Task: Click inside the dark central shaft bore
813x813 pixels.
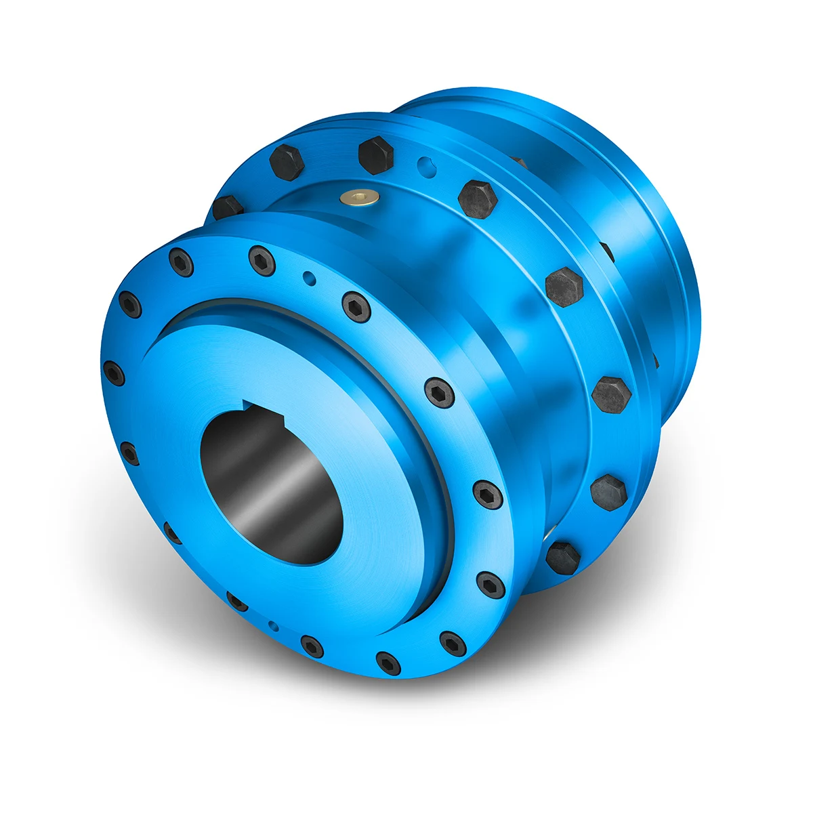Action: (271, 488)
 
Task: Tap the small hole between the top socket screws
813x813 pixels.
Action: (309, 276)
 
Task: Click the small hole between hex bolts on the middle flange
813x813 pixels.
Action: (423, 163)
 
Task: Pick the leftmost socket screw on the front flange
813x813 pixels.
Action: (113, 373)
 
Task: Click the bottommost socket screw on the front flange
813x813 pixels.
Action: (388, 663)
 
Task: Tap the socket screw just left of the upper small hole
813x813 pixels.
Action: (262, 260)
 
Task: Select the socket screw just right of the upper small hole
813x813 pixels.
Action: (356, 307)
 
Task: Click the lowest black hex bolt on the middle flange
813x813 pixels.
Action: (563, 557)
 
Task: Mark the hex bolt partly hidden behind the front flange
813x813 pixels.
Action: (227, 207)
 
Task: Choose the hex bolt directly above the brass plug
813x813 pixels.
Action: (375, 154)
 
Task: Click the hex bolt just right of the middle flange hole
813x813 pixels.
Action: (478, 199)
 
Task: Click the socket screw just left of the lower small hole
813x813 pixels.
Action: (237, 601)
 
